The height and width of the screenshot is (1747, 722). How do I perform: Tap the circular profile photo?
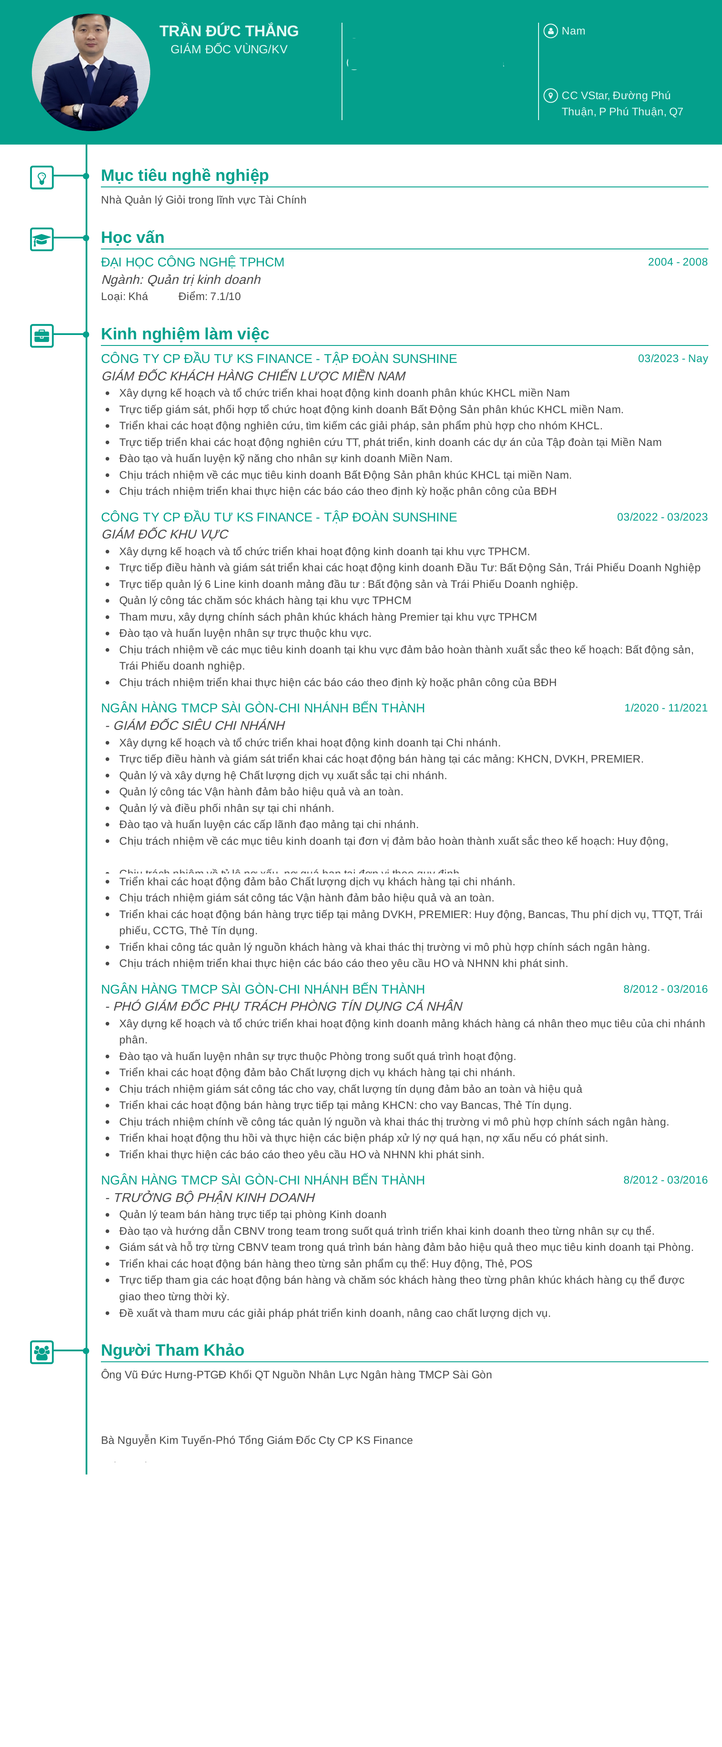coord(91,72)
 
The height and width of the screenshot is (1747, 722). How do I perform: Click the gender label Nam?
coord(573,31)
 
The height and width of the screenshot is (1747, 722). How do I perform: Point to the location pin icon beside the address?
coord(550,96)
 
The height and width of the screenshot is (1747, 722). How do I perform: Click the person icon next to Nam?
coord(550,31)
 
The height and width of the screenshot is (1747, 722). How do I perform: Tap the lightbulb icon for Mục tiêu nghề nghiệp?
coord(42,178)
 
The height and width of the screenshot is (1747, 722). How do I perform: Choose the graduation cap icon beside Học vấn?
coord(42,239)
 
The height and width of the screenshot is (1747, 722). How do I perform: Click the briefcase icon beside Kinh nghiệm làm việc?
coord(42,336)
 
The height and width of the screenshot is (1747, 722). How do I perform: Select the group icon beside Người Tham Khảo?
coord(42,1352)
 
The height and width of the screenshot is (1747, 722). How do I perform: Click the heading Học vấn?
coord(133,237)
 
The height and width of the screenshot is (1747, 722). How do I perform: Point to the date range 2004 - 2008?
coord(677,262)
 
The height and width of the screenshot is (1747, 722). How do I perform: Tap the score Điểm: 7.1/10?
coord(210,297)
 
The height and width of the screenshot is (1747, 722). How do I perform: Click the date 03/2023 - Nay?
coord(673,358)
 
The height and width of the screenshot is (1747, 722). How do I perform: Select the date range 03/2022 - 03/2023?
coord(662,517)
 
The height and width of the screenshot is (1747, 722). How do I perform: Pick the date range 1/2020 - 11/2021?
coord(665,708)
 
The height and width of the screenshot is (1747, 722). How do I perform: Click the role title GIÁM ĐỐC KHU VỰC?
coord(165,535)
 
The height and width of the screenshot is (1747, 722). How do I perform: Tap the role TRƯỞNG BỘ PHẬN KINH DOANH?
coord(214,1198)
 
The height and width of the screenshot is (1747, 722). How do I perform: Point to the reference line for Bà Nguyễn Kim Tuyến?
coord(256,1440)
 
